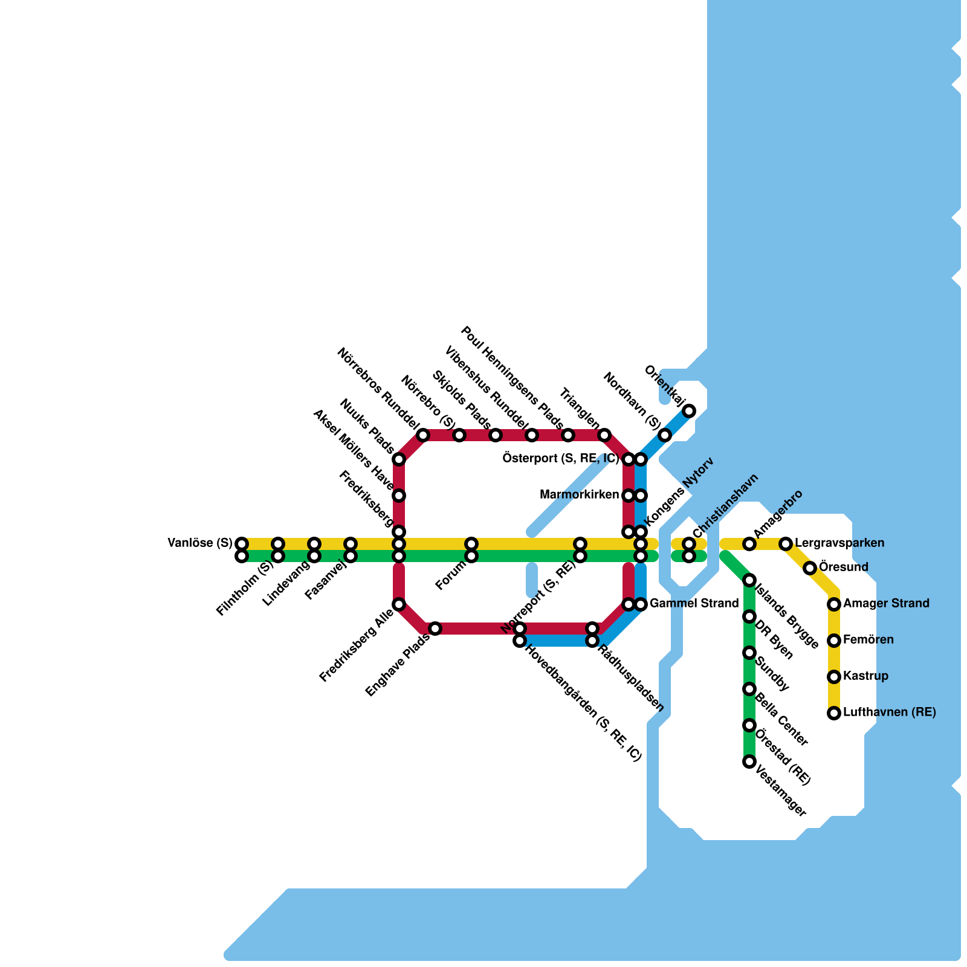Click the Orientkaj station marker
pos(689,411)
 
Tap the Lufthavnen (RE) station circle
pos(834,713)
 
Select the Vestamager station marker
pos(749,762)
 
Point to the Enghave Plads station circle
pos(435,629)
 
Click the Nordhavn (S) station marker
pos(665,435)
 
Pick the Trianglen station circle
pos(604,435)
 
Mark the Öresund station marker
pos(810,568)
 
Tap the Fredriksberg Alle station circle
pos(399,604)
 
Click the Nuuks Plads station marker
pos(399,459)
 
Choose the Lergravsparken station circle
pos(786,544)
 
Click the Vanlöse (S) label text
pos(199,543)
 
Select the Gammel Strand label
pos(694,604)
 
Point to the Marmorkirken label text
pos(579,496)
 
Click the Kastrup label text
pos(865,676)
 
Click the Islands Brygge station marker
pos(749,580)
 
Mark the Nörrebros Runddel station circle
pos(423,435)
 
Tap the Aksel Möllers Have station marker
pos(399,496)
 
